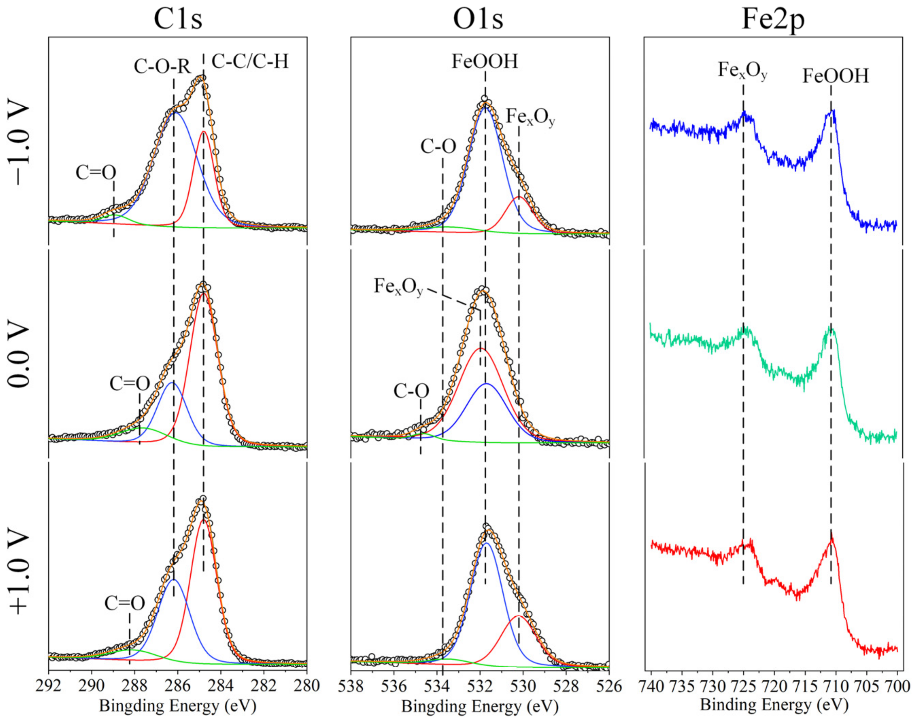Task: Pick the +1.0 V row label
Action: click(x=19, y=573)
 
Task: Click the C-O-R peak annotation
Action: click(x=162, y=66)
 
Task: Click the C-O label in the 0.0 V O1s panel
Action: click(x=411, y=391)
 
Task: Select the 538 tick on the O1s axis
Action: click(x=351, y=686)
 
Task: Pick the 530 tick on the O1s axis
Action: click(x=523, y=686)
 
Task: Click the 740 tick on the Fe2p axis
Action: click(x=652, y=686)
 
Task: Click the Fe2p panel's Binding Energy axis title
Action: click(x=774, y=704)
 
